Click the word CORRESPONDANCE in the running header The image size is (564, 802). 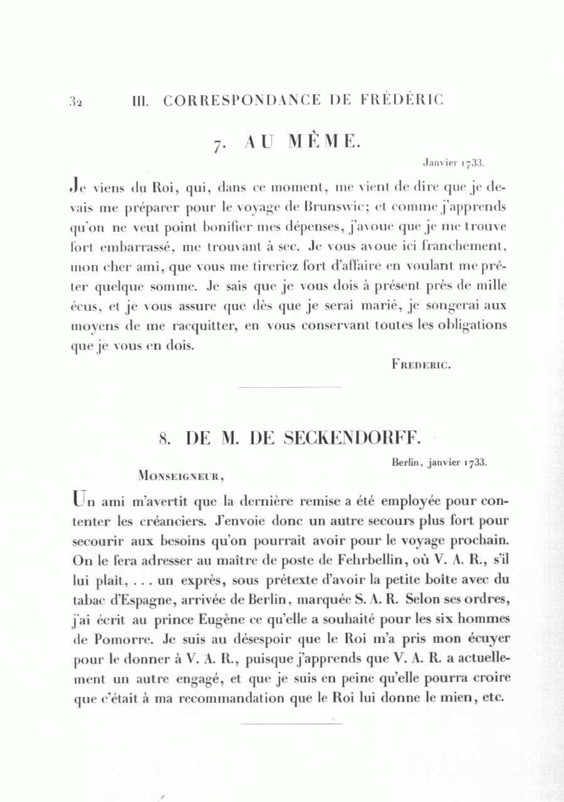pos(243,100)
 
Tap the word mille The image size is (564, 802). pos(491,286)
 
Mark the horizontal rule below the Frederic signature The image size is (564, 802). pos(290,388)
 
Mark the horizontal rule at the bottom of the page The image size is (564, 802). pos(291,724)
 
